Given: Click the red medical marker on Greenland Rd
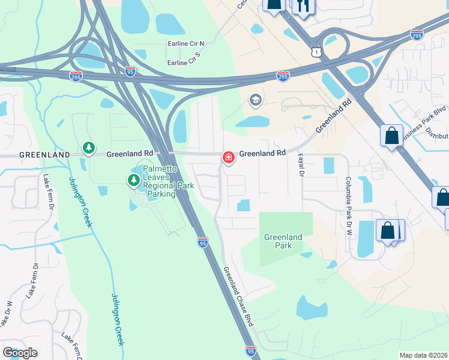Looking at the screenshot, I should point(228,157).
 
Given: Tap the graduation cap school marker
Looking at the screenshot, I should point(255,100).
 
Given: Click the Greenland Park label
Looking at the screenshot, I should point(283,241).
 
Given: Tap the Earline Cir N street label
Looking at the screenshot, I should point(186,43).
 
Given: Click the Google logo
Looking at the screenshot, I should point(20,352).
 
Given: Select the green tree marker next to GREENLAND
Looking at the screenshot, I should point(89,148).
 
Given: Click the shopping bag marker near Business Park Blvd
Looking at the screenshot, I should point(391,135).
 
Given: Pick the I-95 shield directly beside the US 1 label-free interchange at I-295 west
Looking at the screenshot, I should point(130,71).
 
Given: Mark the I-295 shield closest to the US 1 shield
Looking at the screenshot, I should point(283,76).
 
